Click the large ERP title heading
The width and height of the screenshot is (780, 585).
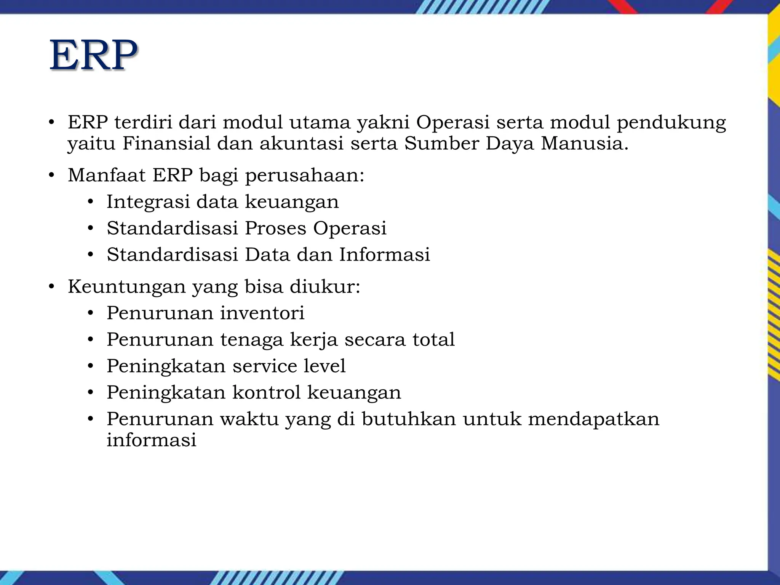[93, 55]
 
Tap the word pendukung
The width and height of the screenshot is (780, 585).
[671, 123]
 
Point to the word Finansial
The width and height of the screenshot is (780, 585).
[166, 144]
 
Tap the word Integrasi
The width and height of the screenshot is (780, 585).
[148, 202]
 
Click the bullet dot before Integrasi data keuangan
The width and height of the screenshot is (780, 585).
[90, 202]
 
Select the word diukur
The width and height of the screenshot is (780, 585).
[324, 286]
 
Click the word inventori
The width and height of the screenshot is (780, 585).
[262, 313]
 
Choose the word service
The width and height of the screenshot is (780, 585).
[265, 366]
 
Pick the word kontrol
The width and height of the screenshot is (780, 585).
[266, 392]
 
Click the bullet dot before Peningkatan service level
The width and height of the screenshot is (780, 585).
[90, 366]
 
